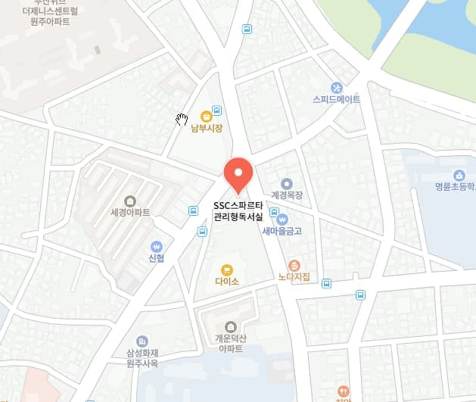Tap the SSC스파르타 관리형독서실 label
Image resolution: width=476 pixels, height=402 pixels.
pyautogui.click(x=239, y=211)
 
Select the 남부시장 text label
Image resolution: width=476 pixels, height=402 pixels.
pyautogui.click(x=207, y=129)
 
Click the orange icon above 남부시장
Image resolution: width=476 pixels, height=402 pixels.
pyautogui.click(x=206, y=116)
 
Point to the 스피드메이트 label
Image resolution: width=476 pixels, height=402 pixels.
pyautogui.click(x=337, y=99)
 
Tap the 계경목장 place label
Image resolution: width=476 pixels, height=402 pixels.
pyautogui.click(x=286, y=195)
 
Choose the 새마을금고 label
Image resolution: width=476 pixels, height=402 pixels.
pyautogui.click(x=282, y=231)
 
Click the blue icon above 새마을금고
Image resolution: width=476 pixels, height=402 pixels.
pyautogui.click(x=282, y=219)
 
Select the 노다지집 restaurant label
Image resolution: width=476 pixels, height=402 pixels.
pyautogui.click(x=294, y=278)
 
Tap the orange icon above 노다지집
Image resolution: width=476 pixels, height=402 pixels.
pyautogui.click(x=294, y=265)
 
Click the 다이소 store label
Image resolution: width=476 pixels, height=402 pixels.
pyautogui.click(x=226, y=282)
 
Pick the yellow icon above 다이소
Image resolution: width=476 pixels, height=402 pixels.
pyautogui.click(x=226, y=269)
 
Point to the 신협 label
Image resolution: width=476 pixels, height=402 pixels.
pyautogui.click(x=157, y=258)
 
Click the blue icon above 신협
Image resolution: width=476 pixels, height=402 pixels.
pyautogui.click(x=157, y=246)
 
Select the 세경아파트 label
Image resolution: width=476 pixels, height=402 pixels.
pyautogui.click(x=130, y=213)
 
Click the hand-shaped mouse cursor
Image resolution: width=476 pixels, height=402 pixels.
pyautogui.click(x=182, y=119)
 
